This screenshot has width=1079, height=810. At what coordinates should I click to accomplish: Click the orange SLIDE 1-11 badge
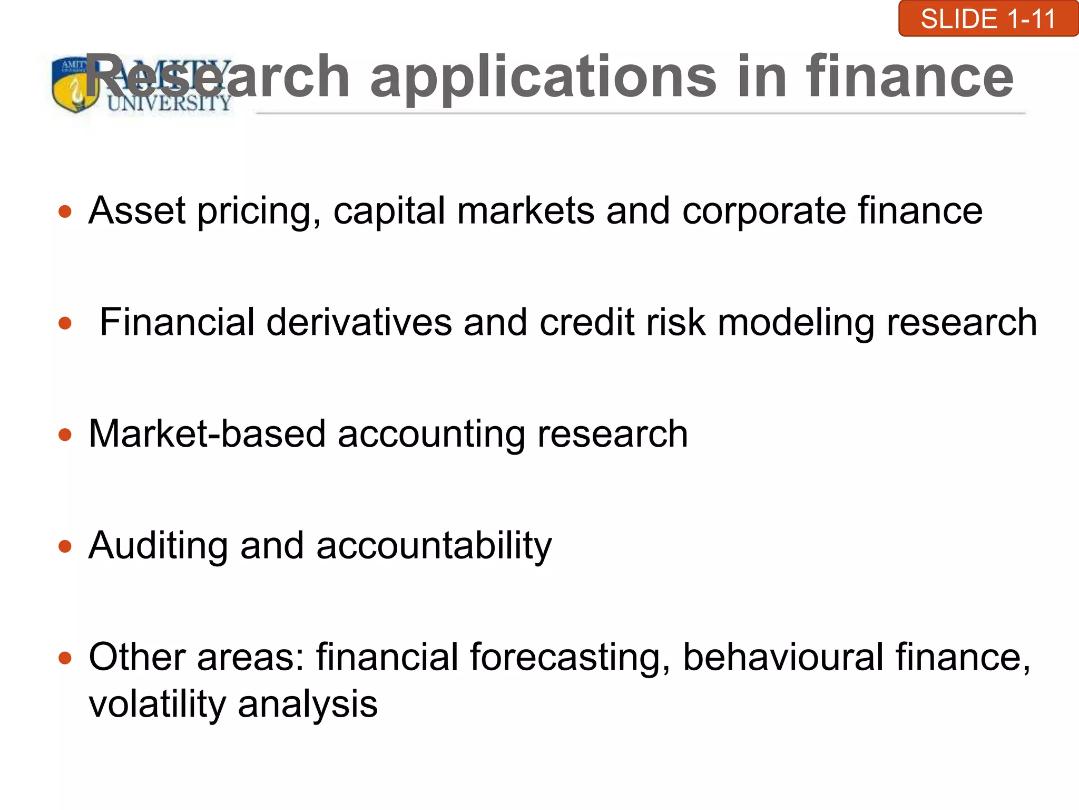[988, 19]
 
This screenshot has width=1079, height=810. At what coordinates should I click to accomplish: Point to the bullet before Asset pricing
[65, 212]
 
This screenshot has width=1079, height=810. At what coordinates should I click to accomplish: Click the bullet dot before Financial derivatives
[65, 323]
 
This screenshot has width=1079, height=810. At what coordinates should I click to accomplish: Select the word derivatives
[359, 322]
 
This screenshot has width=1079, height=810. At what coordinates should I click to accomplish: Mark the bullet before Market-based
[65, 435]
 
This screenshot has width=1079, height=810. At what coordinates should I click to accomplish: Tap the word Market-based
[207, 434]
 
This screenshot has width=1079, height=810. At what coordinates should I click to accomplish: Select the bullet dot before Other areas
[65, 658]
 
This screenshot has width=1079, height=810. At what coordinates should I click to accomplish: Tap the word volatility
[157, 705]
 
